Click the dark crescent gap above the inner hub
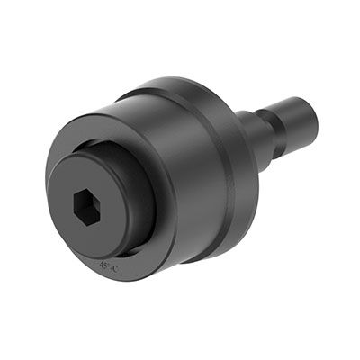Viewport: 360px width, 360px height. click(108, 144)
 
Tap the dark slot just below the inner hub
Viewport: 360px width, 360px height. click(135, 256)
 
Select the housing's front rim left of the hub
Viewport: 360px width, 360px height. click(53, 180)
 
